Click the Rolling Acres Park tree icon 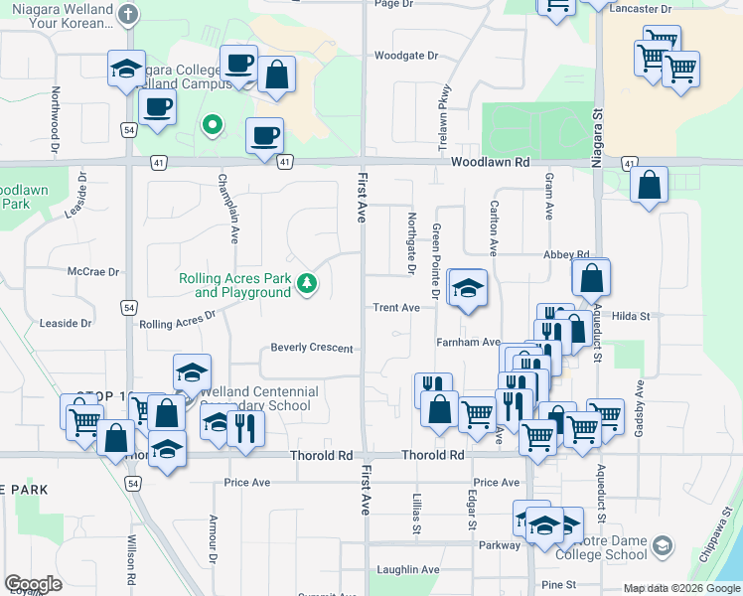[309, 285]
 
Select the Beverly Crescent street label [312, 348]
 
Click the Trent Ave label [396, 308]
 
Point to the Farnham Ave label [468, 342]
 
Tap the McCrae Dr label [93, 271]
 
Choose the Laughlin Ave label [408, 570]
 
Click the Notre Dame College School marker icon [664, 546]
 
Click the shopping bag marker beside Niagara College [277, 74]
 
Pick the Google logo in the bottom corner [33, 584]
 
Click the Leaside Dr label [66, 323]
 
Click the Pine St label [559, 585]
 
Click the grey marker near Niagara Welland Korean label [127, 14]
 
